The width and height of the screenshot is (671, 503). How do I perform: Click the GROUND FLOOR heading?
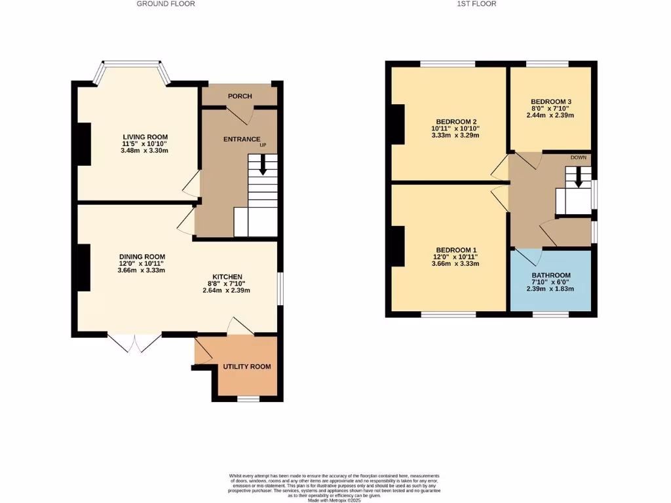[166, 4]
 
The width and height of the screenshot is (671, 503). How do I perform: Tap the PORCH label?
[240, 96]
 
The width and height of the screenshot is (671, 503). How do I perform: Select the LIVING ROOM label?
[144, 136]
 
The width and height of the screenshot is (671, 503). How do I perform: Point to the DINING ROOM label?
[142, 256]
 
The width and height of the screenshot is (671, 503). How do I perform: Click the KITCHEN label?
[227, 276]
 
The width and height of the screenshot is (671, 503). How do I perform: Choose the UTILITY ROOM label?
[247, 366]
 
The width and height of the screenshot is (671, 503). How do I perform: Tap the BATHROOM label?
[550, 275]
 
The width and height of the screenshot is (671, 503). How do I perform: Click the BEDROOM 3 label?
[550, 102]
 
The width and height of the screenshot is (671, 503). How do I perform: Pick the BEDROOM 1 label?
[456, 250]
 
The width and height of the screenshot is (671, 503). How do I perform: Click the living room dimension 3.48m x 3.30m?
[144, 151]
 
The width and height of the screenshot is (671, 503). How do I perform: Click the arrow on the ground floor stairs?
[263, 166]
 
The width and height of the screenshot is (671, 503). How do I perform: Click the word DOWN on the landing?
[578, 158]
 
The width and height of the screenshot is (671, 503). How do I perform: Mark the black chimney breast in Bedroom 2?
[397, 124]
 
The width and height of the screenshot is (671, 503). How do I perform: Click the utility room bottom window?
[247, 398]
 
